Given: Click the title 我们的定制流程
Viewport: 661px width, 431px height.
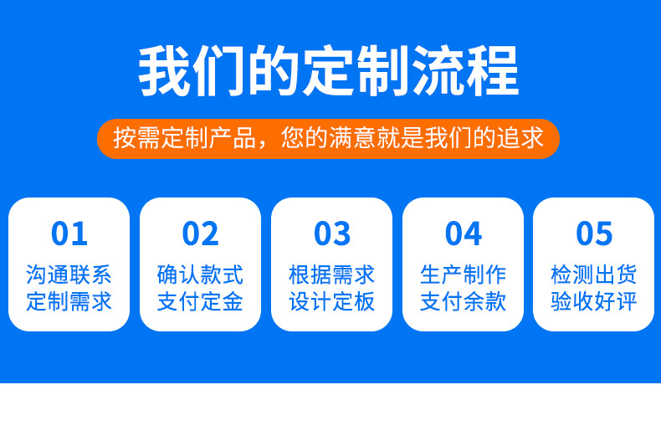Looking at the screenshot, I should [x=329, y=71].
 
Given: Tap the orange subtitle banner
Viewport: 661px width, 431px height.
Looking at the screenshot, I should [x=329, y=138].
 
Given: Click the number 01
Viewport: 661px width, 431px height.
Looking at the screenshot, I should [x=69, y=233].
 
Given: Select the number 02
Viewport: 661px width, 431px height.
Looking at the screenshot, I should [x=201, y=233].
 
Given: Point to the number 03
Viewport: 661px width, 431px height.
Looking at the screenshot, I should [x=332, y=233].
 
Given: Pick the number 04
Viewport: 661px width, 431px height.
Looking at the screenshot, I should [x=464, y=233].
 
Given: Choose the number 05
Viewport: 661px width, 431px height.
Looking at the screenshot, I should [x=594, y=233].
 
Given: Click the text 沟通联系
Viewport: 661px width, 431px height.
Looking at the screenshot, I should [x=69, y=275].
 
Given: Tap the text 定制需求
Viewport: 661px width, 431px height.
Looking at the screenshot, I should [x=69, y=301].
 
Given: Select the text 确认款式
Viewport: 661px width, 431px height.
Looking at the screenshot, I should [x=201, y=275].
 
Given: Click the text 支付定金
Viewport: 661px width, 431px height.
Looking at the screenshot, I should [x=201, y=301].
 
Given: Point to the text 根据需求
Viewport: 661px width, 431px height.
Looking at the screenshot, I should [x=332, y=275].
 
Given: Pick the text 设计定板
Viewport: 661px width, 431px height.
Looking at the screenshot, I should [x=332, y=301].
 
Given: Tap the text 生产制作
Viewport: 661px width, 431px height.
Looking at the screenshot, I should [x=464, y=275].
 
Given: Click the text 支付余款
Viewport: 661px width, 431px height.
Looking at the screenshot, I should [x=464, y=301].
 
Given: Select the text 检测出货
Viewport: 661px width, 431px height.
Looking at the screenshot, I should [x=594, y=275].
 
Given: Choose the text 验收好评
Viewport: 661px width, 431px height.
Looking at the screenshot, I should [x=594, y=301].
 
